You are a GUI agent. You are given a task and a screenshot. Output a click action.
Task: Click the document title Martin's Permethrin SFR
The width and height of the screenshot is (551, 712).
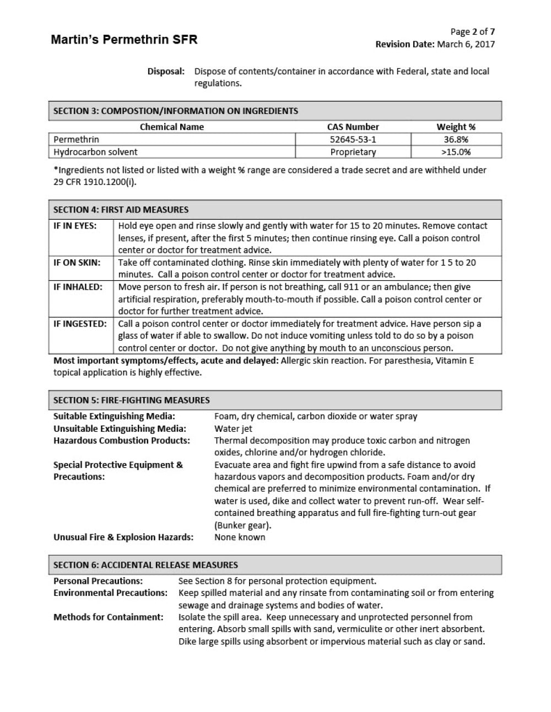(x=124, y=40)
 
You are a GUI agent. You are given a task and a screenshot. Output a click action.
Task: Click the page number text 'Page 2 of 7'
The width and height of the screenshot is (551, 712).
(x=472, y=32)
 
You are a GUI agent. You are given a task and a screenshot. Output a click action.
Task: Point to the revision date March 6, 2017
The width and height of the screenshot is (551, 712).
(x=466, y=45)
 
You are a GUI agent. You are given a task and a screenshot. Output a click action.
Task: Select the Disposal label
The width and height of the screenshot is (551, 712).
(x=165, y=71)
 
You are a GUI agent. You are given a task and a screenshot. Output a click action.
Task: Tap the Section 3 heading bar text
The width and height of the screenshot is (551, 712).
(x=175, y=111)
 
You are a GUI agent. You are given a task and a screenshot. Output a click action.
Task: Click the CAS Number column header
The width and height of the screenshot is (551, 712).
(x=353, y=127)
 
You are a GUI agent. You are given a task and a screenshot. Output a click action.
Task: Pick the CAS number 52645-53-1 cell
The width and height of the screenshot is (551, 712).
(x=353, y=139)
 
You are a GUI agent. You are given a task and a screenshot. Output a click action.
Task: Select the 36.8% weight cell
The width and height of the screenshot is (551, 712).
(x=456, y=139)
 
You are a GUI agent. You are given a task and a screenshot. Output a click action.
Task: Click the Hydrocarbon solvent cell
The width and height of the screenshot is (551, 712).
(x=95, y=152)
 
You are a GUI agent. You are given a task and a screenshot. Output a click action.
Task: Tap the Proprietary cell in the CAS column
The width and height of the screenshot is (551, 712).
(x=353, y=152)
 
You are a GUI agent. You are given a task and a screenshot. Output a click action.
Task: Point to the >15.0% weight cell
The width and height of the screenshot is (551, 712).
(x=456, y=152)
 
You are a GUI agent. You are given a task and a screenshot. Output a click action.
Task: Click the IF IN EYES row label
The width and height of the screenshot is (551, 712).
(x=75, y=226)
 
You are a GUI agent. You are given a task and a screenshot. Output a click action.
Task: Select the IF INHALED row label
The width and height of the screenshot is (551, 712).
(x=78, y=287)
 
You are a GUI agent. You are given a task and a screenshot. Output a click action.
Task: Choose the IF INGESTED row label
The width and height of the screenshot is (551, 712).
(x=80, y=324)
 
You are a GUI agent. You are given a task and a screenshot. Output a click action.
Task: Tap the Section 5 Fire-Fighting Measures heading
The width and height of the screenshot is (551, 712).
(x=131, y=400)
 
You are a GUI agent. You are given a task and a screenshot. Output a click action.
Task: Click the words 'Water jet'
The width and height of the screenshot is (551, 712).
(x=233, y=428)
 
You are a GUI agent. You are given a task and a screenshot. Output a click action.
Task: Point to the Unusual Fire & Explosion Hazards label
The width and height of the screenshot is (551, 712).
(x=123, y=537)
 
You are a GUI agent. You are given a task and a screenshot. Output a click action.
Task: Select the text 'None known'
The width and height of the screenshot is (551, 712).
(x=240, y=537)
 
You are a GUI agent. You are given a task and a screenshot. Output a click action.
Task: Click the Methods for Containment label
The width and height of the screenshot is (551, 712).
(x=109, y=617)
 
